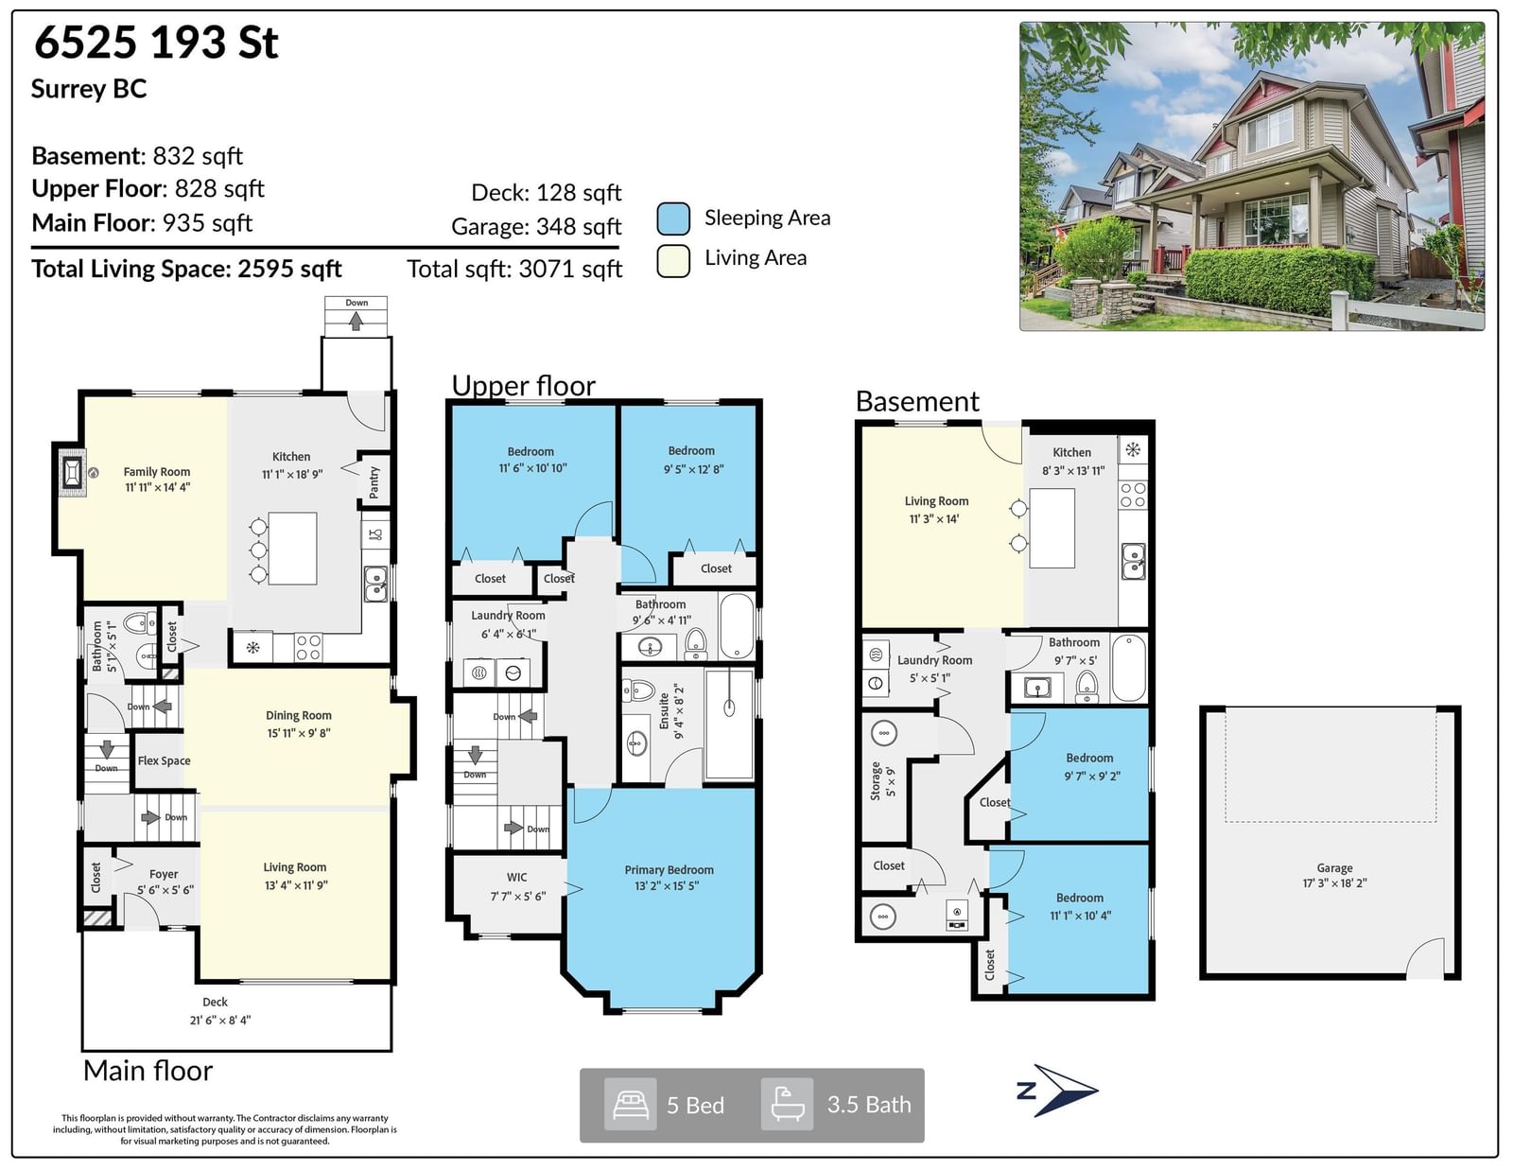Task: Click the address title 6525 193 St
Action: [157, 43]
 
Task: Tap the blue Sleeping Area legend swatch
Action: [673, 218]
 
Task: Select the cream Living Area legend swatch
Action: [673, 261]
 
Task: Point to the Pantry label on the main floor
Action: [374, 482]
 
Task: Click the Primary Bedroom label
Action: [669, 870]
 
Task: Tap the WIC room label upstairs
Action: [516, 878]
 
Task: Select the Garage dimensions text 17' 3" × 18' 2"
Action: [1335, 883]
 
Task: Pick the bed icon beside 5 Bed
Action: [630, 1105]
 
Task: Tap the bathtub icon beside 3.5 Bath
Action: [788, 1104]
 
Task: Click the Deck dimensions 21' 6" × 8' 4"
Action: [220, 1021]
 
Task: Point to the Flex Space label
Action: [164, 760]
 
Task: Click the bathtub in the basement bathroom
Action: [1129, 667]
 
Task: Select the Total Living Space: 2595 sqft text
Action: [186, 269]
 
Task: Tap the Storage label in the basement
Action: [876, 780]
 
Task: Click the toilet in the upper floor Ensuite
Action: [640, 690]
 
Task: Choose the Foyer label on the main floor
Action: [164, 874]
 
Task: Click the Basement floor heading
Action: [917, 402]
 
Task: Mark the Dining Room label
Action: [299, 715]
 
